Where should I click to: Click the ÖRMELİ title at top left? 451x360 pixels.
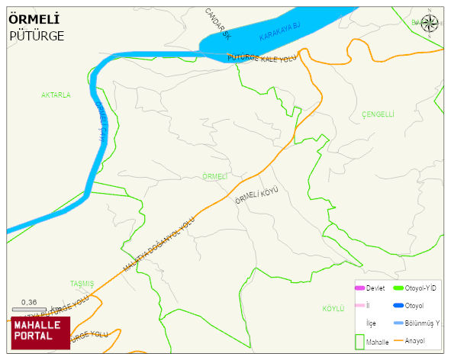[x=34, y=18]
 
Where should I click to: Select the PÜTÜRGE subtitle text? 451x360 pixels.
[x=37, y=36]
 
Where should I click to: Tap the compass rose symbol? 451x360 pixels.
[x=430, y=24]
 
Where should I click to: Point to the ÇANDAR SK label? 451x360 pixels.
[x=217, y=24]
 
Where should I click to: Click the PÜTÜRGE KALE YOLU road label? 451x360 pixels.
[x=261, y=59]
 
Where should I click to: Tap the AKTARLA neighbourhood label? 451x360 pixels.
[x=56, y=95]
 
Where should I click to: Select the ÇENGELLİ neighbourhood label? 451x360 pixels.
[x=378, y=114]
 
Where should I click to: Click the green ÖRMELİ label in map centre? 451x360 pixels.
[x=215, y=176]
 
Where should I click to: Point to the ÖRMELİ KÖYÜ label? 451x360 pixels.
[x=256, y=196]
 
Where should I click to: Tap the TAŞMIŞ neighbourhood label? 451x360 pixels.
[x=82, y=283]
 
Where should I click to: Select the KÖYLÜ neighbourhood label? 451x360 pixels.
[x=333, y=308]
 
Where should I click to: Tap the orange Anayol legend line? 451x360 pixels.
[x=398, y=340]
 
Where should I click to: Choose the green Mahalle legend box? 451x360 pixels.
[x=359, y=342]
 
